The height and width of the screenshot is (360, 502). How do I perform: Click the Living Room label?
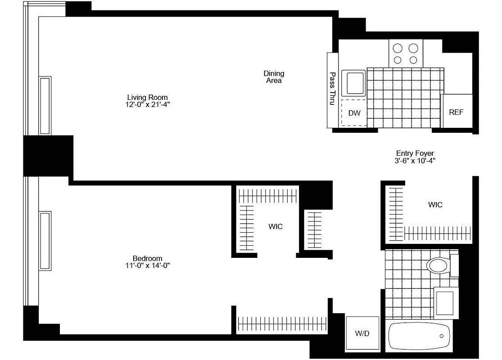147,97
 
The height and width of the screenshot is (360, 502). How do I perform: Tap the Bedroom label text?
147,258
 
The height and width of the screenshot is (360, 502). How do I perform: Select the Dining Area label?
274,77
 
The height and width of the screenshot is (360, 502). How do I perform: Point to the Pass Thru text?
333,89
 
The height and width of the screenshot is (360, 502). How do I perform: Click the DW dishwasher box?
354,112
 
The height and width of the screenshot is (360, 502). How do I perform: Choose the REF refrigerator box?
456,112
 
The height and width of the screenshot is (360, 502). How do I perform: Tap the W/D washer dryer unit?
362,333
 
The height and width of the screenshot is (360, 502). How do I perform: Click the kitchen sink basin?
353,83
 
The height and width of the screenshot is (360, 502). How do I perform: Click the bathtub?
419,336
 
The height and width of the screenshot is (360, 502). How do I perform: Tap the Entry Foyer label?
415,153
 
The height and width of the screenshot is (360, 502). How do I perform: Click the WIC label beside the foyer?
435,205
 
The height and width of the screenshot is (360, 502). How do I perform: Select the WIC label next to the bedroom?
276,226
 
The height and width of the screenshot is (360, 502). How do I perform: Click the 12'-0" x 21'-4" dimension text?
147,104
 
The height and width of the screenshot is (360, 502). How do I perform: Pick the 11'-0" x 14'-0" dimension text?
147,265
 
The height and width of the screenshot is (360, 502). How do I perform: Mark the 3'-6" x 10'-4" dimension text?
415,161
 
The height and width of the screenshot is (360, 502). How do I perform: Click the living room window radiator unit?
45,106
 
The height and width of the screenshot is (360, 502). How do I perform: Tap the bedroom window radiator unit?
45,240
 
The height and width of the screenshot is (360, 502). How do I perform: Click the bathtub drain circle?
442,336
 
